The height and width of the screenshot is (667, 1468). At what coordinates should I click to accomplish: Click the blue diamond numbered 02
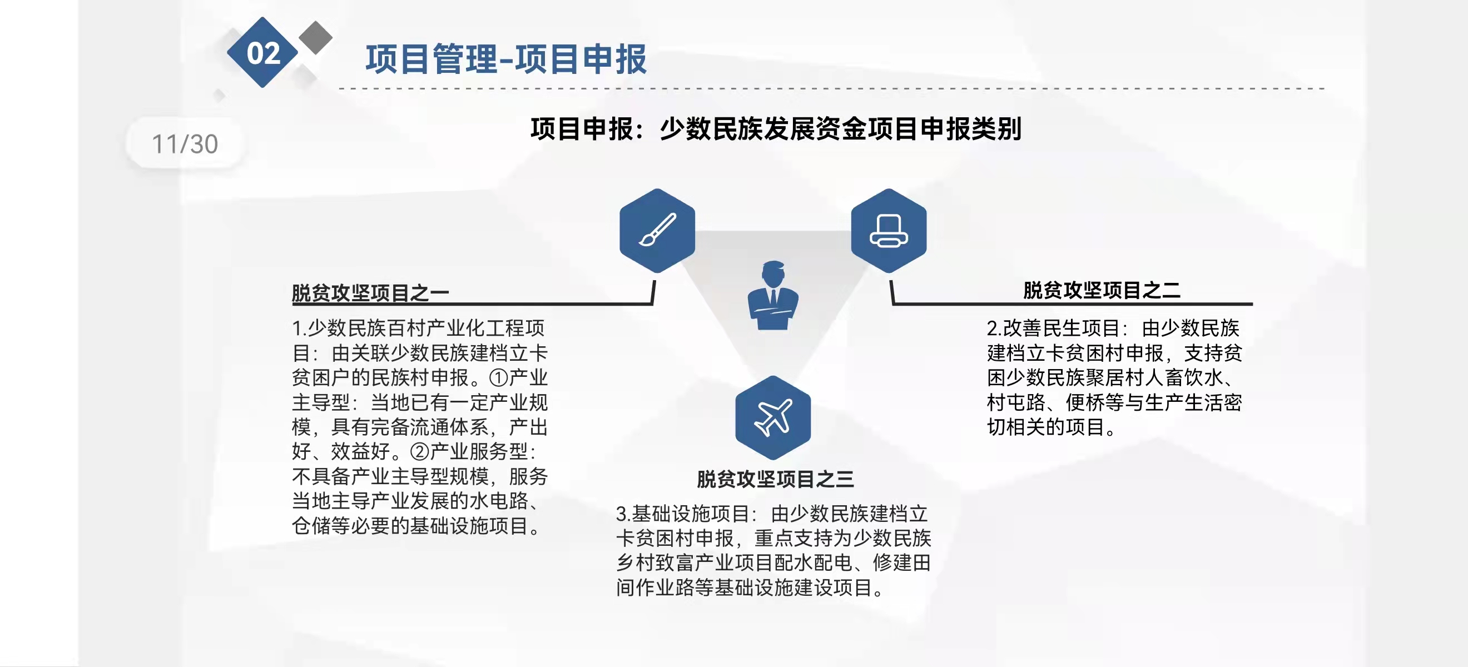click(262, 52)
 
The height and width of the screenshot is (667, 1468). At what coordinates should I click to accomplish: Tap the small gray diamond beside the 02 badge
click(315, 38)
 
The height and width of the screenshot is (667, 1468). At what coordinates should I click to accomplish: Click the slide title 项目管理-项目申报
click(506, 59)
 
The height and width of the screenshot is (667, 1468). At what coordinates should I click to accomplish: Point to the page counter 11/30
click(185, 143)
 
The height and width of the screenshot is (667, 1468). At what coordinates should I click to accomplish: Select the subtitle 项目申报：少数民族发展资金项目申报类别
click(776, 129)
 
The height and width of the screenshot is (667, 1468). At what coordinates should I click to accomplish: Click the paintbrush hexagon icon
click(657, 231)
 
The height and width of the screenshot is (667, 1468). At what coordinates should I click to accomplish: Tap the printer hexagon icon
click(889, 231)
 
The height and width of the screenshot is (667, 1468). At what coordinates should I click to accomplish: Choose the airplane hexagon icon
click(773, 417)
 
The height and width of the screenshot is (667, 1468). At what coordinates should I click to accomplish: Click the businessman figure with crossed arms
click(773, 296)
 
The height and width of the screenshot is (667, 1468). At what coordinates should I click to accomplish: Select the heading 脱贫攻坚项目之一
click(370, 293)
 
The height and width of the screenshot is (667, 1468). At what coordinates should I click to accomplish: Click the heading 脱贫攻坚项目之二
click(1102, 290)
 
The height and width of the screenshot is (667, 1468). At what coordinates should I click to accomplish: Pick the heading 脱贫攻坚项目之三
click(775, 479)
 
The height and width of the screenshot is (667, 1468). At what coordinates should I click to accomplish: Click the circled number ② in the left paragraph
click(419, 452)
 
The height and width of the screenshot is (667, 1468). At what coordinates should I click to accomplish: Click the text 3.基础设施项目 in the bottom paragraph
click(682, 514)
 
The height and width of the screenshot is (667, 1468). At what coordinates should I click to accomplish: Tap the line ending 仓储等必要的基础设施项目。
click(416, 526)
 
